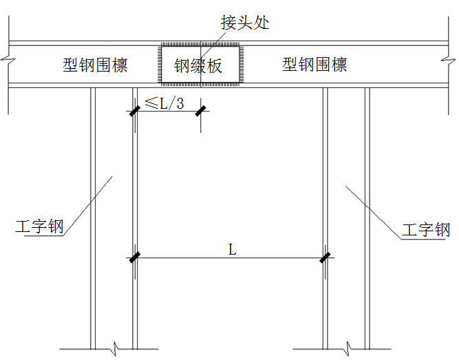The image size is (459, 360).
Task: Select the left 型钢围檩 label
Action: pos(95,65)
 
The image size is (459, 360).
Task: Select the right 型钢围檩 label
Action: pos(314,65)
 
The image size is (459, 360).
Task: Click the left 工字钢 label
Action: pos(39,227)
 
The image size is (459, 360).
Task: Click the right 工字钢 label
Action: pos(426,230)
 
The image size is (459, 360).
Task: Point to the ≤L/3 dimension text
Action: pos(164,103)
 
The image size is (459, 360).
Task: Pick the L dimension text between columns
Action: pos(232,250)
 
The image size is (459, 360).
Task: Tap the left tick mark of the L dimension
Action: pos(134,259)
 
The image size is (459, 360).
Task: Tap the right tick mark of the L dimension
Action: pos(324,259)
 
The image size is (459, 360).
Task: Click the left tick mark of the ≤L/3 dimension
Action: pos(134,110)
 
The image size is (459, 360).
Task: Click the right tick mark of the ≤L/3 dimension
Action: pos(200,110)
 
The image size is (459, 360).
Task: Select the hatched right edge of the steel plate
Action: pos(242,65)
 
